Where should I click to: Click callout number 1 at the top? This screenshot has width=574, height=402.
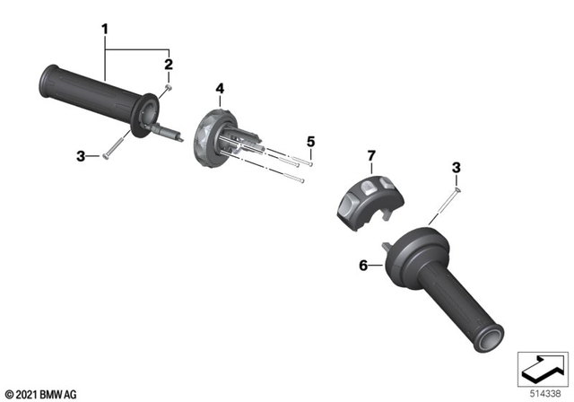(x=105, y=30)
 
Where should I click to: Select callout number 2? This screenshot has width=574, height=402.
(x=168, y=65)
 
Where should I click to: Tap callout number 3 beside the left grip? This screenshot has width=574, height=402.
(x=81, y=157)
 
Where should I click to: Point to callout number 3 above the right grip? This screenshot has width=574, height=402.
(x=456, y=168)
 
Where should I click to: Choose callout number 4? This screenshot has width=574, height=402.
(x=219, y=88)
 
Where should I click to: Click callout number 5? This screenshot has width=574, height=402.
(x=310, y=142)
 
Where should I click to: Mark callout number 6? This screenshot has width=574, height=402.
(x=364, y=267)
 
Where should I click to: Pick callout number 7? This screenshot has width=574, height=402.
(x=369, y=157)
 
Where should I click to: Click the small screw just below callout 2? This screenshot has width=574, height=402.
(x=168, y=90)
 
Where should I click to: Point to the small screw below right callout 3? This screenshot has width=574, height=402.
(x=457, y=189)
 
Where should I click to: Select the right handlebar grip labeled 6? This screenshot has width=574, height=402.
(x=448, y=287)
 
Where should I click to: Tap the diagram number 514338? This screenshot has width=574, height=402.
(x=544, y=392)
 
